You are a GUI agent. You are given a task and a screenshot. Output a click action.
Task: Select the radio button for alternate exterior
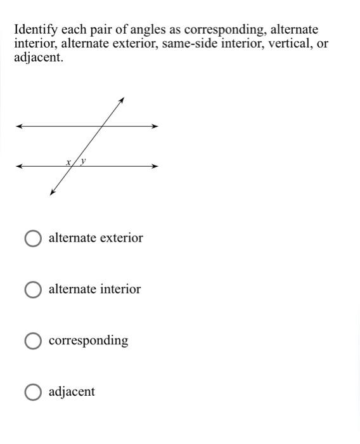33,238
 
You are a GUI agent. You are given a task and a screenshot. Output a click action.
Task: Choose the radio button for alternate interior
33,290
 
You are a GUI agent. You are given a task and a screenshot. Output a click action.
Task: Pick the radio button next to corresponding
33,341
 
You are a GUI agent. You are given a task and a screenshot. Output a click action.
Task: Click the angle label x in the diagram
68,162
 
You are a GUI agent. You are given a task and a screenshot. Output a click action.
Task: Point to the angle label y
83,162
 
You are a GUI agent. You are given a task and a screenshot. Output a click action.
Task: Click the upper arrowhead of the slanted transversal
121,100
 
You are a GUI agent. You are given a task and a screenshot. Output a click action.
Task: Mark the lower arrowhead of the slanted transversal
52,193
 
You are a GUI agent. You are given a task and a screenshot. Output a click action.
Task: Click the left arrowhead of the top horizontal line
19,126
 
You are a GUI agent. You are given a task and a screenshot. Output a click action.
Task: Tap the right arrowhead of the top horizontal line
155,126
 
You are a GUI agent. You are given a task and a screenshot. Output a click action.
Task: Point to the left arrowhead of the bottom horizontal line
19,166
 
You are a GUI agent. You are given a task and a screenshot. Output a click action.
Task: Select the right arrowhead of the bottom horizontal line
155,166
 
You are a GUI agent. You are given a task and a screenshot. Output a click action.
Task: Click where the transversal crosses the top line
102,126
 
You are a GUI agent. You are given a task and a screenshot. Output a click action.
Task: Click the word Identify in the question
35,30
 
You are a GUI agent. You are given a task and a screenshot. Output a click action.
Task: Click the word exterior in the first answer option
120,238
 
